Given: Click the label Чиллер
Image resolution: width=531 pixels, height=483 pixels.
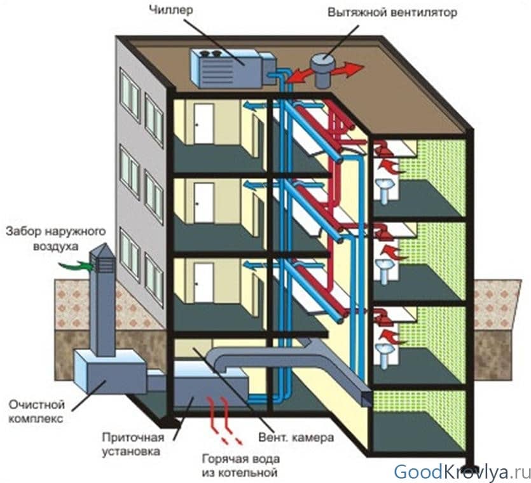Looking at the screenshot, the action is click(x=170, y=10).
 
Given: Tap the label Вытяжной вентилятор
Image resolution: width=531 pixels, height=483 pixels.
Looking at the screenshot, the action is click(x=392, y=13).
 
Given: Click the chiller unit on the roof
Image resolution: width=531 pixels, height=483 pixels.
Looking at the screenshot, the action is click(x=232, y=69).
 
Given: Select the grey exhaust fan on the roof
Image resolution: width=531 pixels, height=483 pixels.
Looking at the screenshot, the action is click(x=323, y=71).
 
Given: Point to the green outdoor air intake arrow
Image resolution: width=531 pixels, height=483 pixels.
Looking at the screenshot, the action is click(x=76, y=266).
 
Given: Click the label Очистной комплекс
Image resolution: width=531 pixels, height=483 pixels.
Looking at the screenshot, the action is click(x=36, y=411).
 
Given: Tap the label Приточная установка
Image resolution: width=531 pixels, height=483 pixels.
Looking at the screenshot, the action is click(x=133, y=444).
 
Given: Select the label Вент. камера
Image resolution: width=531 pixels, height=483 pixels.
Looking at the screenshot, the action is click(x=296, y=437).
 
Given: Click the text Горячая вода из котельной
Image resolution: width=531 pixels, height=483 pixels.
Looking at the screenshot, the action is click(x=241, y=465).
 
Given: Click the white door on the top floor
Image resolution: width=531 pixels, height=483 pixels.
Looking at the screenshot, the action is click(x=204, y=123).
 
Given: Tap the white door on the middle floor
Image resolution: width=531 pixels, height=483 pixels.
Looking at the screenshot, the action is click(x=204, y=203).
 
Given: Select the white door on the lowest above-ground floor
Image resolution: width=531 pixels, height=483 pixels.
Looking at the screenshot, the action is click(x=204, y=283).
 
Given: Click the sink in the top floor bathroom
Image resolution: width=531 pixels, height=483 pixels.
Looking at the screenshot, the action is click(x=385, y=190).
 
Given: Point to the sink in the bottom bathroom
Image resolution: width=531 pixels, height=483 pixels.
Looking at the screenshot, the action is click(x=385, y=354).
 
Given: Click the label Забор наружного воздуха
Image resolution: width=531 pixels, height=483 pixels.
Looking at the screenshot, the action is click(x=56, y=238).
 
